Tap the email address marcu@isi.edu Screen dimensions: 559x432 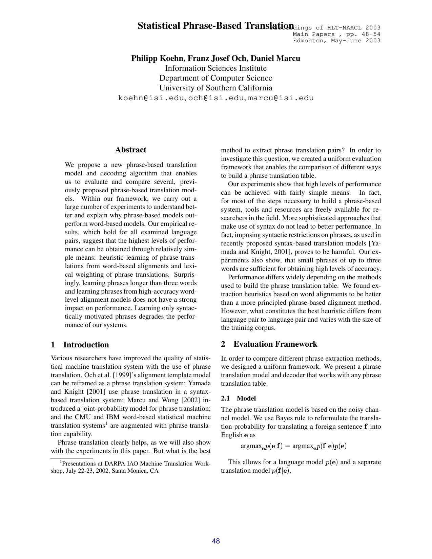pyautogui.click(x=281, y=98)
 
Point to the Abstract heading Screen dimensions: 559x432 pyautogui.click(x=130, y=150)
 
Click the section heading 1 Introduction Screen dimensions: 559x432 pyautogui.click(x=80, y=345)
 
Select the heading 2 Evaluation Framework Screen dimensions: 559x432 pyautogui.click(x=269, y=344)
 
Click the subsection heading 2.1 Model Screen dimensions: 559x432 pyautogui.click(x=238, y=398)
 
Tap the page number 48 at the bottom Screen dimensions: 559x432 pyautogui.click(x=216, y=541)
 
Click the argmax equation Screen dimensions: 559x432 pyautogui.click(x=293, y=446)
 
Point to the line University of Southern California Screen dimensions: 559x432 pyautogui.click(x=216, y=88)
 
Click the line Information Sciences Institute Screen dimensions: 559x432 pyautogui.click(x=216, y=68)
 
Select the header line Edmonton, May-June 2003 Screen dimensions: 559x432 pyautogui.click(x=336, y=41)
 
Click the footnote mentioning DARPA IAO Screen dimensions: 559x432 pyautogui.click(x=131, y=467)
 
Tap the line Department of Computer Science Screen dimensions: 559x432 pyautogui.click(x=216, y=78)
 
